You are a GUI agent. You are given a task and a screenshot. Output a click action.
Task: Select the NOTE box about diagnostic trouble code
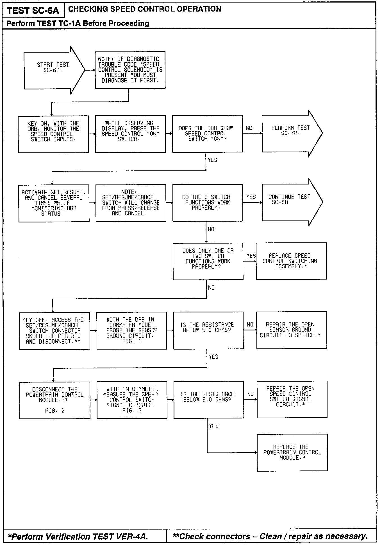point(130,70)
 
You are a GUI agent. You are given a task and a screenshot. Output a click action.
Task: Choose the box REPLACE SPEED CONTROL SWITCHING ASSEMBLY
point(291,261)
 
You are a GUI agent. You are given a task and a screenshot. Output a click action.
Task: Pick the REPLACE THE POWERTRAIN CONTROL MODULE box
point(292,452)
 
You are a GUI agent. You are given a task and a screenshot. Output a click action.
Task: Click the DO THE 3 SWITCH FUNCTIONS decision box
point(208,202)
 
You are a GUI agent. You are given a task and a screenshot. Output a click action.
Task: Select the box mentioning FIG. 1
point(132,330)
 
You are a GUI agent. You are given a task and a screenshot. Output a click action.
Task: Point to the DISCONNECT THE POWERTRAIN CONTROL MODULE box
point(55,400)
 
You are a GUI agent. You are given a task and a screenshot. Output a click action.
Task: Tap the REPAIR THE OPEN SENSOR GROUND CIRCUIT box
point(292,330)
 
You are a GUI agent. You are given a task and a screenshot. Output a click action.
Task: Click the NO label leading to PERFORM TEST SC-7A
point(249,128)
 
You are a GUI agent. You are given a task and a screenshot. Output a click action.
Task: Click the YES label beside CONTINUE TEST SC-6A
point(251,197)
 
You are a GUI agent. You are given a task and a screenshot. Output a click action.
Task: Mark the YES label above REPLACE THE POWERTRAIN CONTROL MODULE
point(214,426)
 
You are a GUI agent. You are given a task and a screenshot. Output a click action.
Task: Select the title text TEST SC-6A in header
point(33,11)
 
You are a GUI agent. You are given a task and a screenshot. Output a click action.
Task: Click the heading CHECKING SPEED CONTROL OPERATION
point(145,9)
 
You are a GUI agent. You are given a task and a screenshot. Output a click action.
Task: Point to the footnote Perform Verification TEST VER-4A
point(78,537)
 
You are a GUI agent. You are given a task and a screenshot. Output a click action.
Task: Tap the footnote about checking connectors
point(270,536)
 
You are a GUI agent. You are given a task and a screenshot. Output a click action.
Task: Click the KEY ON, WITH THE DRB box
point(53,134)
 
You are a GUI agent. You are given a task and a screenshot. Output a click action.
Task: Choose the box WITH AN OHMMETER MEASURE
point(132,400)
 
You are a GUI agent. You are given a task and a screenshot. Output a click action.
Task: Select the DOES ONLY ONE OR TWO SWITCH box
point(208,261)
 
